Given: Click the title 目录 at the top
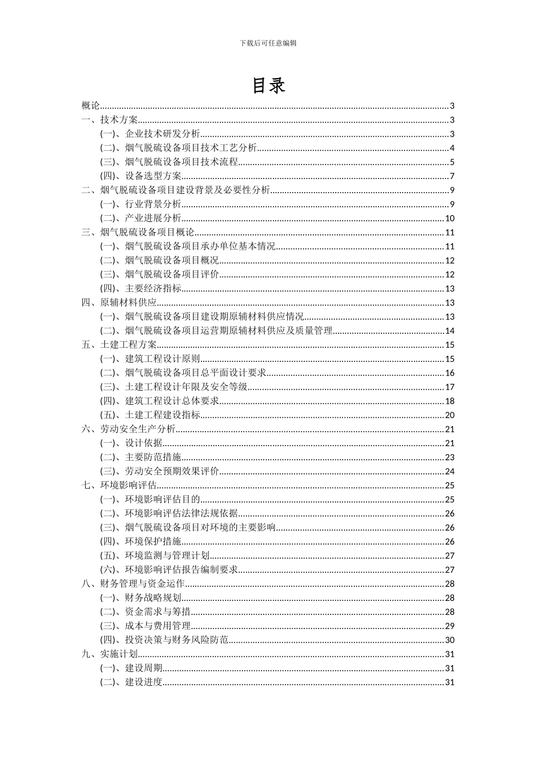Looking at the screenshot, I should (268, 86).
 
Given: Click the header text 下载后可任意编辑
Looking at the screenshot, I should (268, 43).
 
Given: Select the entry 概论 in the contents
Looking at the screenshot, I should (91, 106).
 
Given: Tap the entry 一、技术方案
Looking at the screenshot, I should (110, 120).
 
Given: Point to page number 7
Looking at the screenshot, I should (452, 176).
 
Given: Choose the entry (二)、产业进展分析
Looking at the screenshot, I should (141, 219).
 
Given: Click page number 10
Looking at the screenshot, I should (450, 219).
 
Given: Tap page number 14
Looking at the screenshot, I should (450, 331).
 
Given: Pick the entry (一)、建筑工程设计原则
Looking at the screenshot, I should (150, 359).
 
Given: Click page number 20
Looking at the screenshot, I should (450, 415).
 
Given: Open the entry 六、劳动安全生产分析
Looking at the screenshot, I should (129, 429).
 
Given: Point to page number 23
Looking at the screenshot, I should (450, 457).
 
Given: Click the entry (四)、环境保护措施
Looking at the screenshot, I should (141, 542).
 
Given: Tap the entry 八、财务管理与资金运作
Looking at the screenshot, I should (133, 584).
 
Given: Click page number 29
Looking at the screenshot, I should (450, 626).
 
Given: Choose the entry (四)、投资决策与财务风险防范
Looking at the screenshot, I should (164, 640).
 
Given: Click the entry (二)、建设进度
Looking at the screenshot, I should (131, 682).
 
